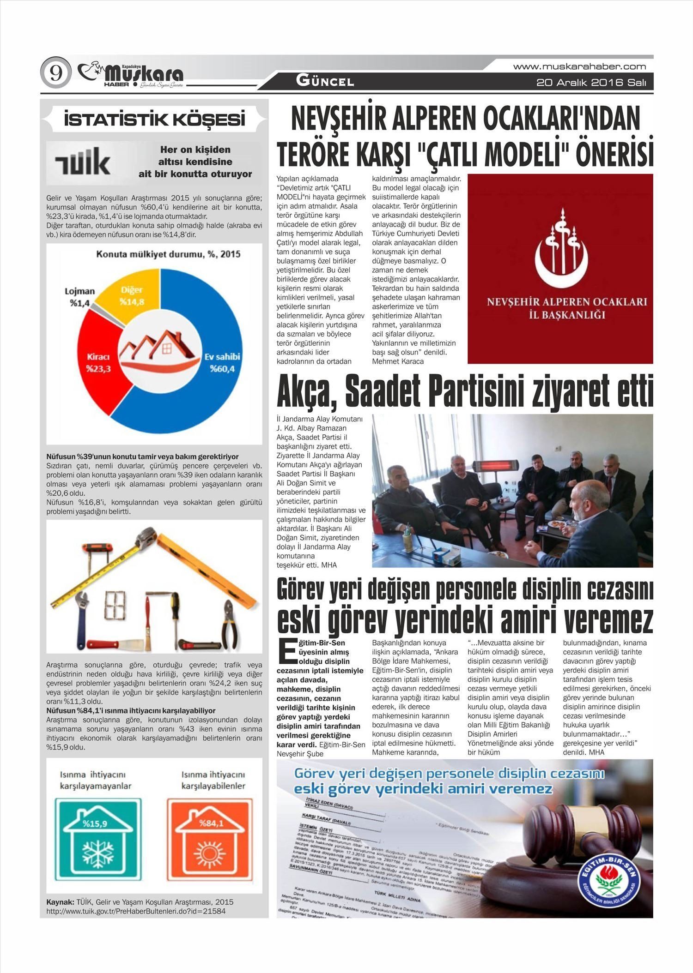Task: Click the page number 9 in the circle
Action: tap(56, 73)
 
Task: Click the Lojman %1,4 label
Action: tap(79, 297)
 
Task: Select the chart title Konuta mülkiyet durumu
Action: tap(168, 254)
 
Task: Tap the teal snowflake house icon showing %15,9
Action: tap(98, 838)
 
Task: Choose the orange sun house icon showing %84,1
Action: tap(210, 838)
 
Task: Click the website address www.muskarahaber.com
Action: tap(579, 67)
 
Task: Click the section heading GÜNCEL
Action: tap(325, 82)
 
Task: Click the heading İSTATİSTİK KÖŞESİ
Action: tap(154, 120)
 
